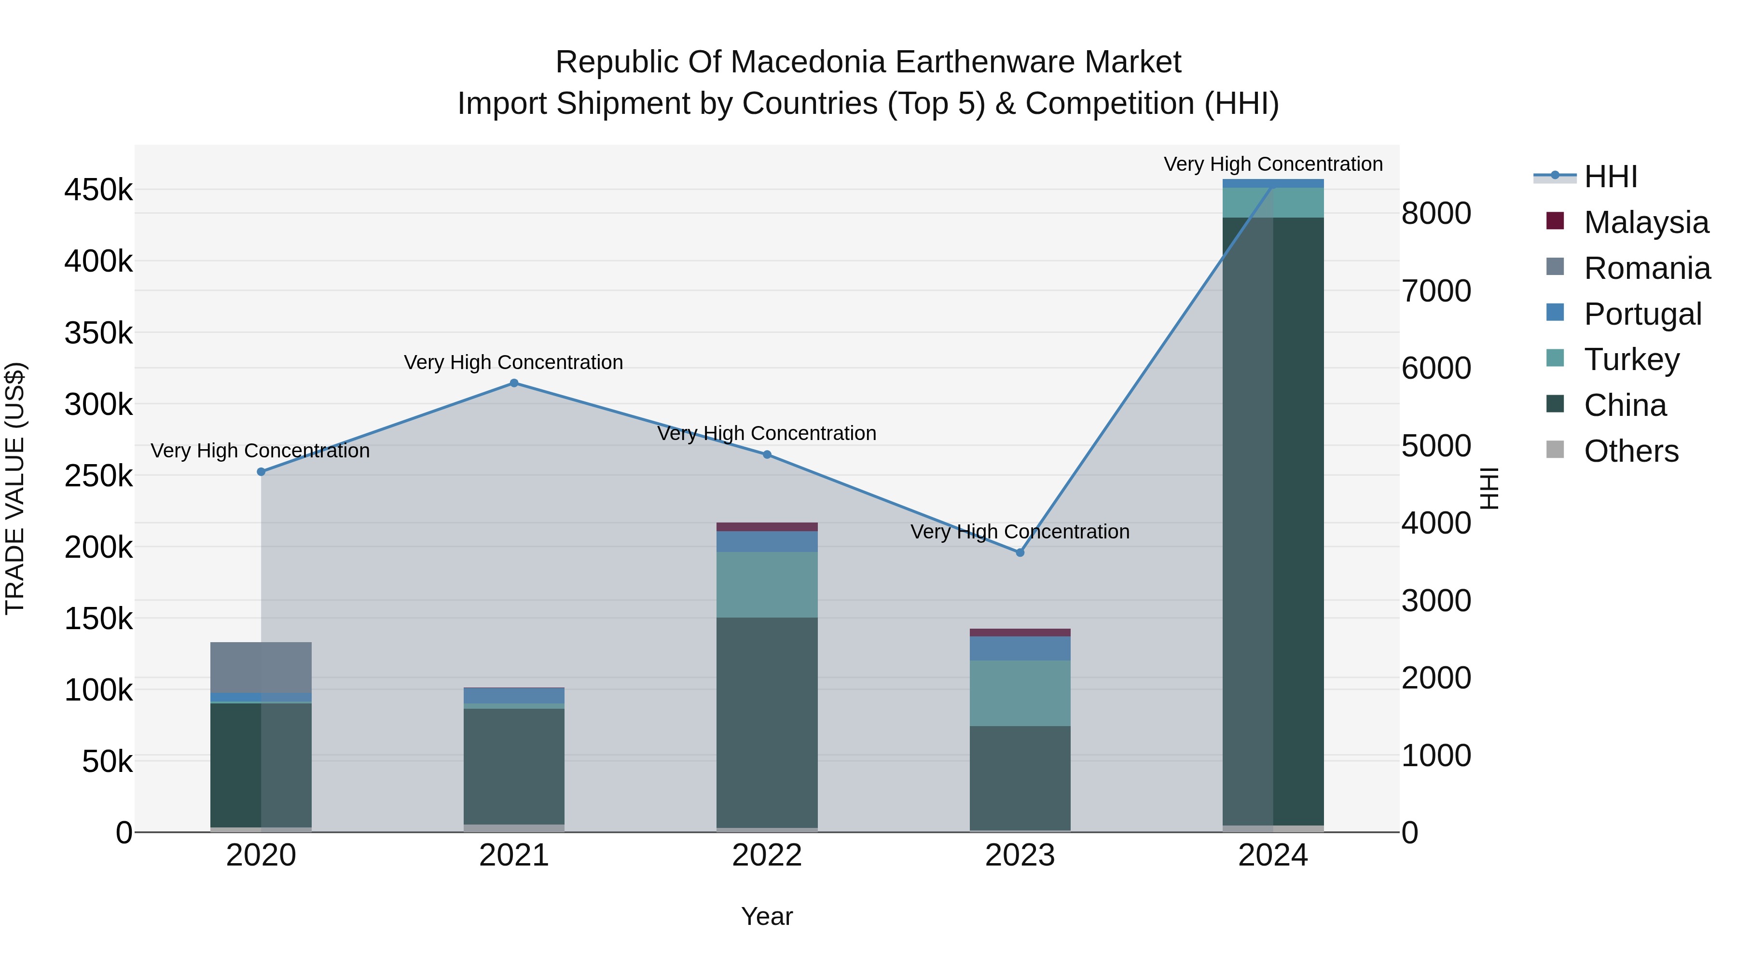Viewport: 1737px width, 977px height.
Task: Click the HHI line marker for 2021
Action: (514, 383)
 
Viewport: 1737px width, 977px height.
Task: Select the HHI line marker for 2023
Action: (1020, 552)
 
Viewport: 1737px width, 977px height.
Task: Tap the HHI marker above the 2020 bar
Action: (261, 472)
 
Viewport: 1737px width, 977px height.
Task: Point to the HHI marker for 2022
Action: (767, 454)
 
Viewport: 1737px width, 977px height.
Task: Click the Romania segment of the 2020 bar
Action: (261, 668)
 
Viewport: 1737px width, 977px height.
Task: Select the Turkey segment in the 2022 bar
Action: (767, 585)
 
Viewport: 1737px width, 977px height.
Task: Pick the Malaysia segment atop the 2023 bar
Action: (1020, 633)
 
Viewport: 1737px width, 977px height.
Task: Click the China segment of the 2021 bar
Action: (514, 767)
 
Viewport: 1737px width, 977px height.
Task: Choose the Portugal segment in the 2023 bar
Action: (1020, 648)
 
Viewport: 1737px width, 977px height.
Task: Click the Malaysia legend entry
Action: (1627, 222)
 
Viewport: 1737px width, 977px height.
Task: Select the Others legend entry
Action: (1612, 451)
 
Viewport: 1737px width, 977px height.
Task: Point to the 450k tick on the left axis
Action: (98, 190)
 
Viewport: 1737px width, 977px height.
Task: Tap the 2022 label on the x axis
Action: (767, 855)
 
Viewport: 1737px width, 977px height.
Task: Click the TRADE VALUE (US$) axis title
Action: (15, 488)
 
